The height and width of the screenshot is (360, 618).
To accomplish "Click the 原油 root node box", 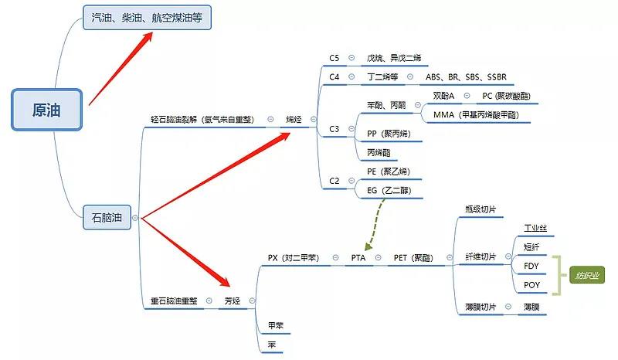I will click(46, 110).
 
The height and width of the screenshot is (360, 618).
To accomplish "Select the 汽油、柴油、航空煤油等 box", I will click(146, 17).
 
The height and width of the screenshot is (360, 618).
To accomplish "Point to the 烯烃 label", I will click(294, 119).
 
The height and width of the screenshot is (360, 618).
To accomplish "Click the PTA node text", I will click(358, 257).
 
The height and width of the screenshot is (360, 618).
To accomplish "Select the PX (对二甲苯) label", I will click(294, 257).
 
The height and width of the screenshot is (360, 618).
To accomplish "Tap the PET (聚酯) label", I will click(415, 257).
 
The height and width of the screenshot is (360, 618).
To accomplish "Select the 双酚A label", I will click(443, 96).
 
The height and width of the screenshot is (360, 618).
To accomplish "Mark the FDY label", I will click(531, 266).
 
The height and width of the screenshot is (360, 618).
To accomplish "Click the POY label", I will click(531, 285).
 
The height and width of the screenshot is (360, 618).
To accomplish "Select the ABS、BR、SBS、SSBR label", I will click(467, 77).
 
